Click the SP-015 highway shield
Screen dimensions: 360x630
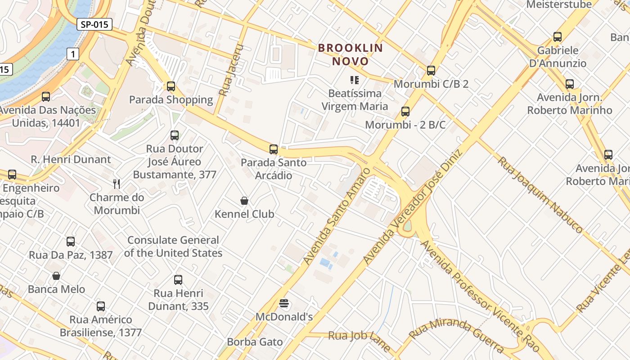click(x=94, y=24)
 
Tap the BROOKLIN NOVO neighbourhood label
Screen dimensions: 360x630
click(x=351, y=54)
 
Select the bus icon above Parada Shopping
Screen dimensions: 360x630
click(x=171, y=86)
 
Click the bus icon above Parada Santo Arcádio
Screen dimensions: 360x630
click(x=274, y=149)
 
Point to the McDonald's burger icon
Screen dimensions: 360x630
click(x=284, y=304)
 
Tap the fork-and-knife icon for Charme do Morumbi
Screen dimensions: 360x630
click(x=117, y=184)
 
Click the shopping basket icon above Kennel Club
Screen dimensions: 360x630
click(x=244, y=201)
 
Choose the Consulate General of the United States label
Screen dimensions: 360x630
click(x=173, y=247)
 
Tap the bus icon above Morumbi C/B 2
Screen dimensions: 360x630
click(x=431, y=71)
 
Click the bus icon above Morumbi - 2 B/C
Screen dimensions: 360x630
click(x=405, y=112)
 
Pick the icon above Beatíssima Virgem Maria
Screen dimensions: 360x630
click(x=355, y=81)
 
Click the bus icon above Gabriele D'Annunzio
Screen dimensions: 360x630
click(x=558, y=37)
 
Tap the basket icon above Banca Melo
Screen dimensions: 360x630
click(x=56, y=276)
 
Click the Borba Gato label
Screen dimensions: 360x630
click(x=255, y=342)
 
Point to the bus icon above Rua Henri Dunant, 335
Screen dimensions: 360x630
click(x=178, y=280)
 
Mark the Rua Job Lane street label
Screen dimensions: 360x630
click(x=359, y=340)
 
